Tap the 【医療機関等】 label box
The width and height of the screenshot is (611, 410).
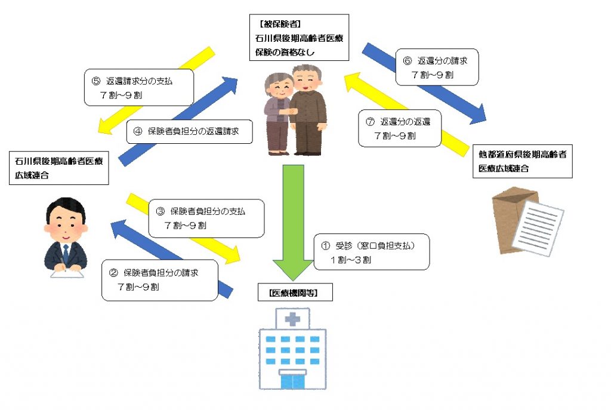[295, 292]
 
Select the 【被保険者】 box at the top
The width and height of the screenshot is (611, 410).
[299, 38]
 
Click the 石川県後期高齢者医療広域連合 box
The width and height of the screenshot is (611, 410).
[59, 168]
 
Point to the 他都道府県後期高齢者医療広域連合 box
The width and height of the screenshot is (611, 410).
[522, 161]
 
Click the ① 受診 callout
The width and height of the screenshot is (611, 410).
[371, 252]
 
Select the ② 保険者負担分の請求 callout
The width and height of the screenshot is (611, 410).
[160, 280]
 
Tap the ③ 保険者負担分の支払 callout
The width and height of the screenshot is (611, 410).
[206, 218]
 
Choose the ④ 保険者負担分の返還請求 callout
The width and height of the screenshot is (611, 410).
[189, 131]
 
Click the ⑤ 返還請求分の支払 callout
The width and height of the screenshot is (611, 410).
[139, 87]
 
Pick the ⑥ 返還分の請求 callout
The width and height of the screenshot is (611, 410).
[437, 67]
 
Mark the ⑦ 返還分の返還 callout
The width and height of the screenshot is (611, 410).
[399, 128]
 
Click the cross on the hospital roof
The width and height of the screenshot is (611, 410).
[292, 319]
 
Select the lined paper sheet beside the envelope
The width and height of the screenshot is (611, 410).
[538, 228]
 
